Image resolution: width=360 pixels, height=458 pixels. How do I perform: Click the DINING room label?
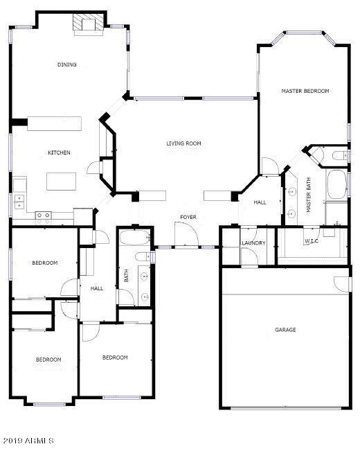pyautogui.click(x=67, y=64)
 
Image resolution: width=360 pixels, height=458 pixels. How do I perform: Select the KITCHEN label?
pyautogui.click(x=58, y=152)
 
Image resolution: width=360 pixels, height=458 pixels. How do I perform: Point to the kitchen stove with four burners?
pyautogui.click(x=44, y=215)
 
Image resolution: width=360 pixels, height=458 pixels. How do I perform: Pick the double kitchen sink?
pyautogui.click(x=19, y=201)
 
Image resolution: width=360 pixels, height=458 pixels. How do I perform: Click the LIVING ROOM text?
pyautogui.click(x=183, y=143)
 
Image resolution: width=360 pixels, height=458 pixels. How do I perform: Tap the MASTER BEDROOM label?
pyautogui.click(x=305, y=91)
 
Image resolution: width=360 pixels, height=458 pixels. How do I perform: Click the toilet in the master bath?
pyautogui.click(x=338, y=156)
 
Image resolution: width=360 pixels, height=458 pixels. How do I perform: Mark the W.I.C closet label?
pyautogui.click(x=312, y=242)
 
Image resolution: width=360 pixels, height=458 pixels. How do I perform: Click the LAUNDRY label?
pyautogui.click(x=253, y=243)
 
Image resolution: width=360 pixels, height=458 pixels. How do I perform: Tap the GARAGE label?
pyautogui.click(x=285, y=330)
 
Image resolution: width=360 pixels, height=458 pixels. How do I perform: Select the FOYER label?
pyautogui.click(x=188, y=217)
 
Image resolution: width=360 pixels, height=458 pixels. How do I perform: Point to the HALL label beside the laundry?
pyautogui.click(x=260, y=202)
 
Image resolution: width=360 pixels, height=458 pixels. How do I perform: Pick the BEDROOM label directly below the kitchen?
pyautogui.click(x=44, y=263)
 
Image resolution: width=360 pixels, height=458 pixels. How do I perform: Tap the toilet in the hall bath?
pyautogui.click(x=144, y=258)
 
